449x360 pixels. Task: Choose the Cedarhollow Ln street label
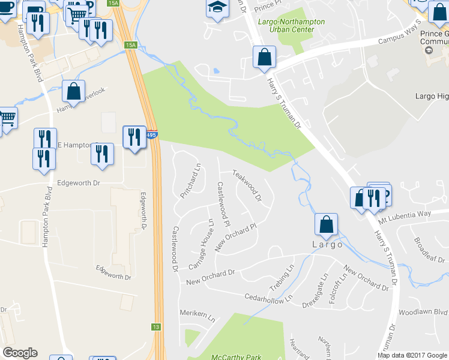[268, 298]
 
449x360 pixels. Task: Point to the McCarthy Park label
[236, 357]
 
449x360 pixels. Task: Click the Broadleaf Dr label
[429, 250]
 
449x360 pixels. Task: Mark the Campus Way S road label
[398, 41]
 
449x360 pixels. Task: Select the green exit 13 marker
[156, 327]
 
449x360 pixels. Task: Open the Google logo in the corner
[20, 353]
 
